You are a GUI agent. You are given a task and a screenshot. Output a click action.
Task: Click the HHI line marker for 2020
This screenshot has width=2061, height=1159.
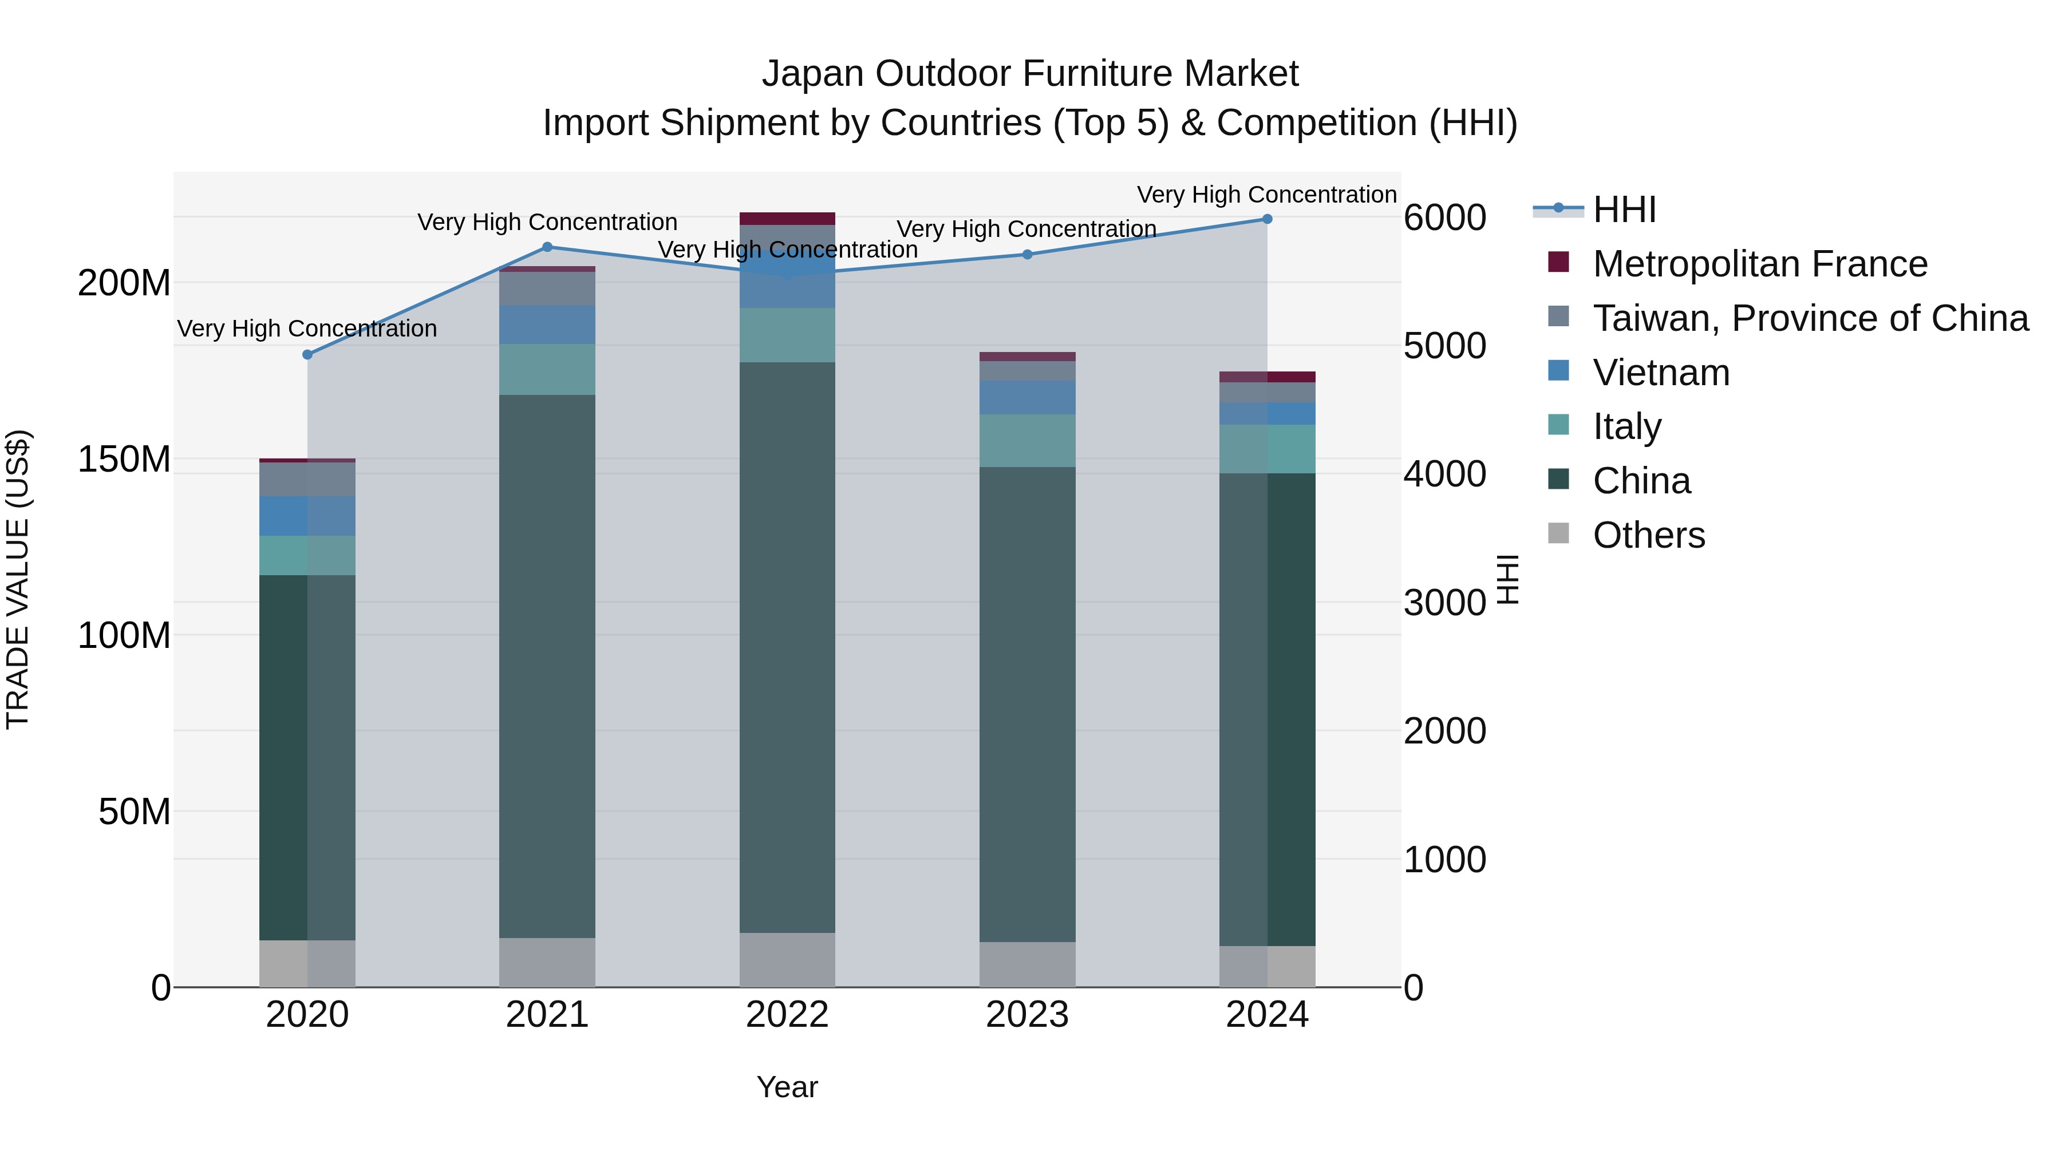point(307,354)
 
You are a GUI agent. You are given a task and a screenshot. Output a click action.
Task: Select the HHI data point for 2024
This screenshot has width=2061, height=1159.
point(1268,219)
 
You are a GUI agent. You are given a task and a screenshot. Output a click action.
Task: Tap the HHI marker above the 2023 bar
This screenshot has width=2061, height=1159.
point(1027,254)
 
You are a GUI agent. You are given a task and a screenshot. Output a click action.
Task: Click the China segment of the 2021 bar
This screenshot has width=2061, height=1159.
point(547,666)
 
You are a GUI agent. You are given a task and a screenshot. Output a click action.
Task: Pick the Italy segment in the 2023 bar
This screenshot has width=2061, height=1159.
point(1027,441)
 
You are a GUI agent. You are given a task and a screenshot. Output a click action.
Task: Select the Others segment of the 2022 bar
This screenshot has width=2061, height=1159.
point(787,960)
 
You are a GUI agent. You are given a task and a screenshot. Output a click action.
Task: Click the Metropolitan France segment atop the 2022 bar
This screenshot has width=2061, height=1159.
point(787,219)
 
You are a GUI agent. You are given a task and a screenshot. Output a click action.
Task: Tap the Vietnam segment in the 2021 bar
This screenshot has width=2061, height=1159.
point(547,324)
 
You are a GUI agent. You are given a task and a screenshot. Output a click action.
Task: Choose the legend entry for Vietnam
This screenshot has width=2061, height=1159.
point(1660,373)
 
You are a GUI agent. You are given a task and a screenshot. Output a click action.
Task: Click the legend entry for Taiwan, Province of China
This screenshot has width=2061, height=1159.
point(1810,318)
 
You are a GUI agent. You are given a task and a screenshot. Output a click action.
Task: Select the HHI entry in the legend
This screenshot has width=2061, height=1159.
point(1624,209)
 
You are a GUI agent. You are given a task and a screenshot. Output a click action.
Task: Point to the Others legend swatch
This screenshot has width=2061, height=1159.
point(1558,533)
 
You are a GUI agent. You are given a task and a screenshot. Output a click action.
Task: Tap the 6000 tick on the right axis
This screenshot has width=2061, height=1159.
point(1445,217)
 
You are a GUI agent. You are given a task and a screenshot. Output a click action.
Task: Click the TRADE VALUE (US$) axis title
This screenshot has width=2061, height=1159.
point(18,579)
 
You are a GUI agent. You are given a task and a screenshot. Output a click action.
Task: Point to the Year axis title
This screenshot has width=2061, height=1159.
point(787,1087)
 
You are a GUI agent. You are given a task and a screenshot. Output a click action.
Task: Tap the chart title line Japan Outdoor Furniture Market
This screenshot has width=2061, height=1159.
point(1030,74)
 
